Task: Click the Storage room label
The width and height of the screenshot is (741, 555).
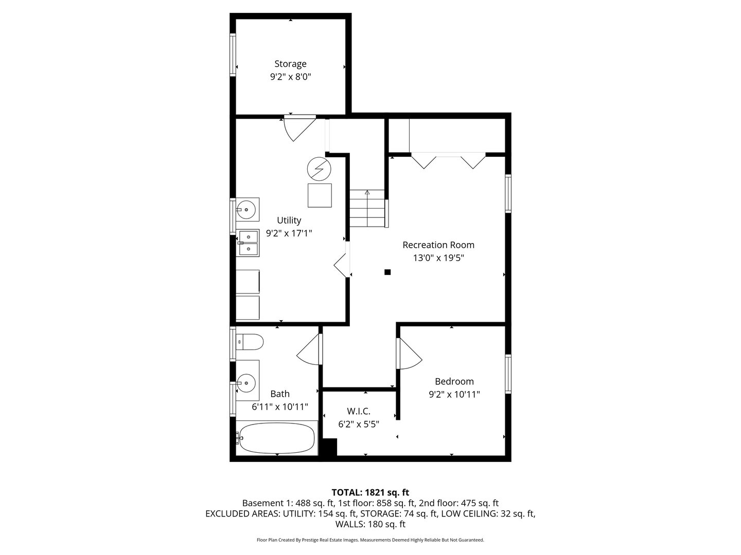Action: click(290, 64)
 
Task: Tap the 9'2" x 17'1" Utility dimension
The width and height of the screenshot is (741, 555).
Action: click(289, 233)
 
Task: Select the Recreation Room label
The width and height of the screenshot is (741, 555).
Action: click(438, 245)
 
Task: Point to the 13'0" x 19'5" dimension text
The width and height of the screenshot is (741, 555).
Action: click(438, 258)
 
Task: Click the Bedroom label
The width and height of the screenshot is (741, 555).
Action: click(454, 381)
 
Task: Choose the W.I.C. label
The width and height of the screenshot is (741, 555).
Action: click(359, 411)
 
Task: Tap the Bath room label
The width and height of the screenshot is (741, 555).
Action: click(280, 394)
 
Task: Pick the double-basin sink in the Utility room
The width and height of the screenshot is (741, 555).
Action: click(249, 243)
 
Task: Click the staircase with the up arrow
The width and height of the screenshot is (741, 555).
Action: click(367, 208)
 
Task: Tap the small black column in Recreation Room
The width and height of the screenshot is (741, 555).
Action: click(388, 272)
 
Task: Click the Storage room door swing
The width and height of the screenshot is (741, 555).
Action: click(298, 127)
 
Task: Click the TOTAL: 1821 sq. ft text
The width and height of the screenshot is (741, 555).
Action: click(370, 492)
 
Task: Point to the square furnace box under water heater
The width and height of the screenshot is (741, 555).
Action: click(320, 195)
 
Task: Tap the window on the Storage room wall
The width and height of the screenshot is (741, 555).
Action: click(233, 55)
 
